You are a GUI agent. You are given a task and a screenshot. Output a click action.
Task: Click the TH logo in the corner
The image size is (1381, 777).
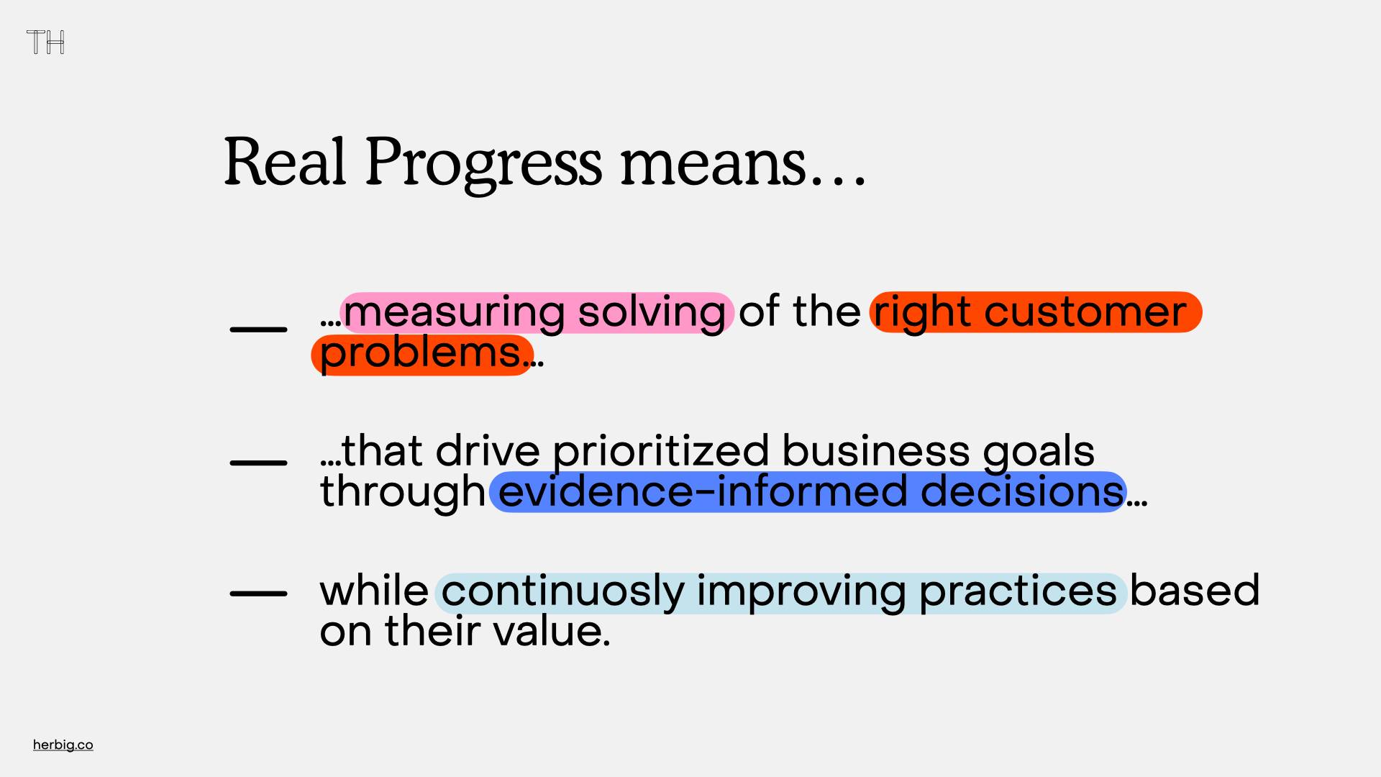(x=45, y=42)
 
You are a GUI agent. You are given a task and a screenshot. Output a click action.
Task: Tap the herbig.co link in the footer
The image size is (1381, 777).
(x=63, y=745)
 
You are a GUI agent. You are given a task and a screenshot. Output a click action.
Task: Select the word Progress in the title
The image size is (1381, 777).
(x=483, y=165)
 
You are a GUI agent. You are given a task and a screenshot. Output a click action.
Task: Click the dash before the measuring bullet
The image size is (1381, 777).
(x=258, y=329)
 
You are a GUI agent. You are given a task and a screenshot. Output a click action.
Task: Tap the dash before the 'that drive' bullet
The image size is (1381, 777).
(x=258, y=463)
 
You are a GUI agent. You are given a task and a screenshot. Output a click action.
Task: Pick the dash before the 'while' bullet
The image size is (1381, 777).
(x=258, y=594)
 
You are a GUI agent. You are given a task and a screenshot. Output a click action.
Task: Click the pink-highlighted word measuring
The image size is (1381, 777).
(x=454, y=314)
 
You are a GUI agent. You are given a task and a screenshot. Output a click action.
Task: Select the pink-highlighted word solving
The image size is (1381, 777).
(x=652, y=314)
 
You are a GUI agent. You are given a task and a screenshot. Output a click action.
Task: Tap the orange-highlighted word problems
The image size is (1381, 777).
(x=420, y=354)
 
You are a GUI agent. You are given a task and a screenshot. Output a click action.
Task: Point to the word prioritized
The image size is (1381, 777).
(x=661, y=452)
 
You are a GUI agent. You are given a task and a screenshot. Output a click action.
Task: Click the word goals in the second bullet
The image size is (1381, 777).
(x=1039, y=453)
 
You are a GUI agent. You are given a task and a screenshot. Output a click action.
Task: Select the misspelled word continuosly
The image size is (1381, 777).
(x=563, y=592)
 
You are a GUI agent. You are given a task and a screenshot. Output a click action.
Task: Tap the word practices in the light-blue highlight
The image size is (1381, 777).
(x=1018, y=592)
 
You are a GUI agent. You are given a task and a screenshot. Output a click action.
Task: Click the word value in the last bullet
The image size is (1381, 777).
(x=552, y=631)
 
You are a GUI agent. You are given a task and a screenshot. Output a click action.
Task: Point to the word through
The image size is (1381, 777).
(x=403, y=493)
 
